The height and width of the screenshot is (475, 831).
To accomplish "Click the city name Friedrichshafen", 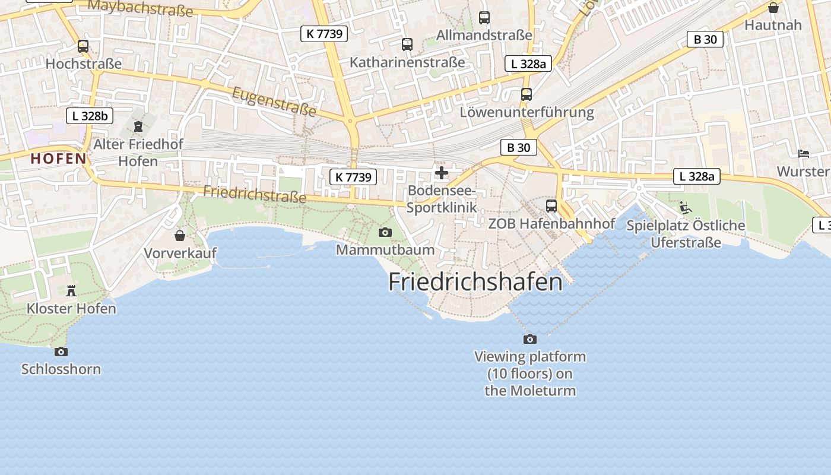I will (475, 282).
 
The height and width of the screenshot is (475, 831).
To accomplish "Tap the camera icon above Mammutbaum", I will (385, 232).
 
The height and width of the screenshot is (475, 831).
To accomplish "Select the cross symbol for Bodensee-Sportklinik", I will (442, 173).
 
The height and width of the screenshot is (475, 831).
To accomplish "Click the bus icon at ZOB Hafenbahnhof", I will (551, 206).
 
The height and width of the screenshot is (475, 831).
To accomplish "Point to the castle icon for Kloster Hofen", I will (71, 290).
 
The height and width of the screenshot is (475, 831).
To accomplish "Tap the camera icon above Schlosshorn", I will (61, 351).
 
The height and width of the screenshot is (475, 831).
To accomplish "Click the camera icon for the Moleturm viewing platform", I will (530, 339).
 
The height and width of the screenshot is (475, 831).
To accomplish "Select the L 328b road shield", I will (90, 116).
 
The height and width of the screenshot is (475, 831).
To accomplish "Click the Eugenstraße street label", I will (274, 101).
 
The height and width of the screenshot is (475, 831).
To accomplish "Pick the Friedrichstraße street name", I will (255, 194).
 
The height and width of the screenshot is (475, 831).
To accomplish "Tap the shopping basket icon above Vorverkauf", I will (180, 236).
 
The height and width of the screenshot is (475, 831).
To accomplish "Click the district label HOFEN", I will (59, 159).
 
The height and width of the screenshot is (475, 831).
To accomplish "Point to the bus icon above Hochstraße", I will (83, 46).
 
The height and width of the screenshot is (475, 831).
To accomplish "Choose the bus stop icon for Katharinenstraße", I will (407, 44).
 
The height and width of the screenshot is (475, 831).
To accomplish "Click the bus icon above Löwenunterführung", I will (526, 94).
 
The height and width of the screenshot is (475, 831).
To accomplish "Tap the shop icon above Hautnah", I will (773, 8).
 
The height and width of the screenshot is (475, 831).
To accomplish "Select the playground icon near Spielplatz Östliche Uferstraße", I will (686, 208).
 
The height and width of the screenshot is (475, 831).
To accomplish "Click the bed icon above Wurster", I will (804, 153).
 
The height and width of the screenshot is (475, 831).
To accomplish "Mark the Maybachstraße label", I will (141, 8).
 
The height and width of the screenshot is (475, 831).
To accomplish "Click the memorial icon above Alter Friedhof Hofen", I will (138, 126).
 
